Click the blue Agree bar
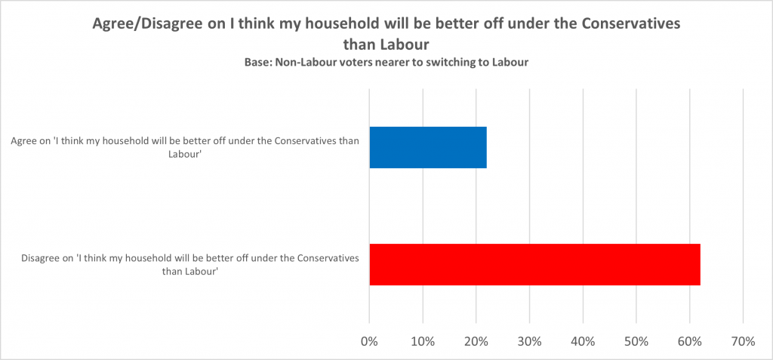point(428,147)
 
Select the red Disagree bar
point(534,264)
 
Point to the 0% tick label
point(369,342)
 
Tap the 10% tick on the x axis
point(423,342)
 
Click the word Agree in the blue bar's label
point(24,141)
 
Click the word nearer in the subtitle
point(393,63)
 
